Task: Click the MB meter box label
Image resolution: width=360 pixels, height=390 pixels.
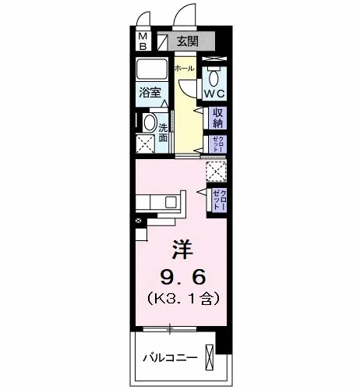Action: pos(143,41)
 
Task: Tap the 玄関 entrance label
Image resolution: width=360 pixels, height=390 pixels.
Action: pos(188,41)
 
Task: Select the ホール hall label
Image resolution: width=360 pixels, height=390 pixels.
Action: pos(184,69)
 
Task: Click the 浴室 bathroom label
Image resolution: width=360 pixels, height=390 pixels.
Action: pos(150,93)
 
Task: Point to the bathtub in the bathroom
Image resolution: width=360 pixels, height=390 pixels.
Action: pos(152,69)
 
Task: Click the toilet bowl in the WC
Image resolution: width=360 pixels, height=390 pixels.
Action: pos(214,77)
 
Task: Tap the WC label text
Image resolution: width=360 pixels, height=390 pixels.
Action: pos(214,94)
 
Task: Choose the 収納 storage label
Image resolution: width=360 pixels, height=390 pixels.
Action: pos(218,118)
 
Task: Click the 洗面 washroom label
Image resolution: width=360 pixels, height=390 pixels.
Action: pos(163,133)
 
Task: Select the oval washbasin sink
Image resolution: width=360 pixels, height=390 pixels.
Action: pos(150,122)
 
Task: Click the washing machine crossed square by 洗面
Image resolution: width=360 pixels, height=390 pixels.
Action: pos(145,144)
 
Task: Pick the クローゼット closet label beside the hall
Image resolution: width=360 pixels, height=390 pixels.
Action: pos(217,144)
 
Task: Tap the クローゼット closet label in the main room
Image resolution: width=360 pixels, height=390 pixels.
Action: pos(220,200)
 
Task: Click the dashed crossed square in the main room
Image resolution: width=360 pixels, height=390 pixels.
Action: pos(216,171)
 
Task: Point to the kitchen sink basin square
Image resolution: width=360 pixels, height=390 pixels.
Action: pos(171,202)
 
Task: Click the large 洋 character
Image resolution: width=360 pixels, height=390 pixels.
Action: pos(182,249)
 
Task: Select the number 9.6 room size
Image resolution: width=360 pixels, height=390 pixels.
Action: pos(183,277)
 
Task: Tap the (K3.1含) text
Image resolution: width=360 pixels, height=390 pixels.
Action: pos(184,299)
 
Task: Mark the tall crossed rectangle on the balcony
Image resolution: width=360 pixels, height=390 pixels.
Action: pos(210,357)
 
